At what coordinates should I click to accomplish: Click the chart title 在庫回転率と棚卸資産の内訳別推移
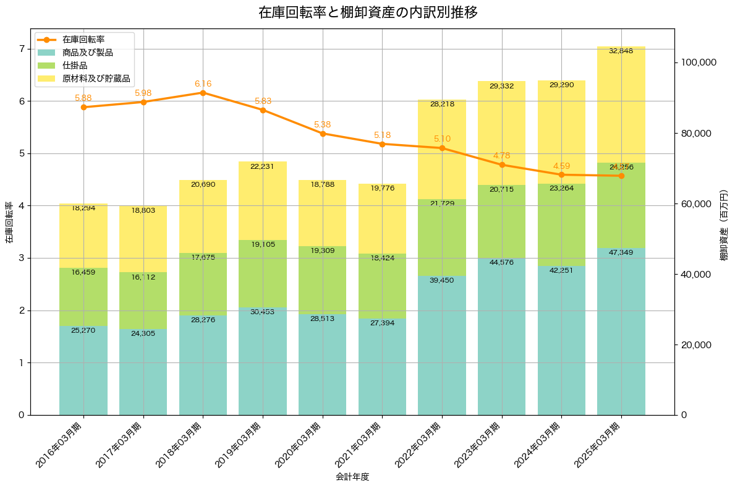tap(367, 12)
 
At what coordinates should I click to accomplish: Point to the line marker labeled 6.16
tap(203, 93)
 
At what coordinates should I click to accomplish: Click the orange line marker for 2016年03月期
tap(83, 107)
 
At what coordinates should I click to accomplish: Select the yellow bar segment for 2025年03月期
tap(621, 105)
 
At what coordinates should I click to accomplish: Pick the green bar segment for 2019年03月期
tap(263, 273)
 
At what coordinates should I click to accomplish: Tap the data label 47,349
tap(621, 252)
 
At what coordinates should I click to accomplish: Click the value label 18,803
tap(143, 211)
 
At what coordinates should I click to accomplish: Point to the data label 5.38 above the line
tap(322, 124)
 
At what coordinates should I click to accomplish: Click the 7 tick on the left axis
tap(21, 49)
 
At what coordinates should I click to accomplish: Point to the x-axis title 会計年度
tap(352, 477)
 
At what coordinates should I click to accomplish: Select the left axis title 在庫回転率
tap(9, 222)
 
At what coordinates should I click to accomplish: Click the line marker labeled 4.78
tap(502, 165)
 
